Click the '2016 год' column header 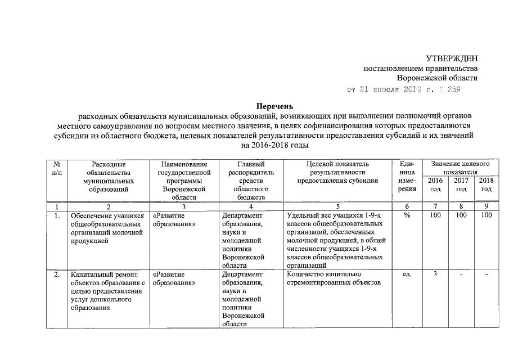coord(435,184)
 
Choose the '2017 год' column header coord(461,184)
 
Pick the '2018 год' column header coord(486,184)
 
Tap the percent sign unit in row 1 coord(406,215)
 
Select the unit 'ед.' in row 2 coord(406,274)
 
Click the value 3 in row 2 coord(435,274)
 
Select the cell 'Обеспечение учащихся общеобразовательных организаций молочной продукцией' coord(107,228)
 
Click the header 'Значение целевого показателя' coord(460,167)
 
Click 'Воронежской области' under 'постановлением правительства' coord(436,78)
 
